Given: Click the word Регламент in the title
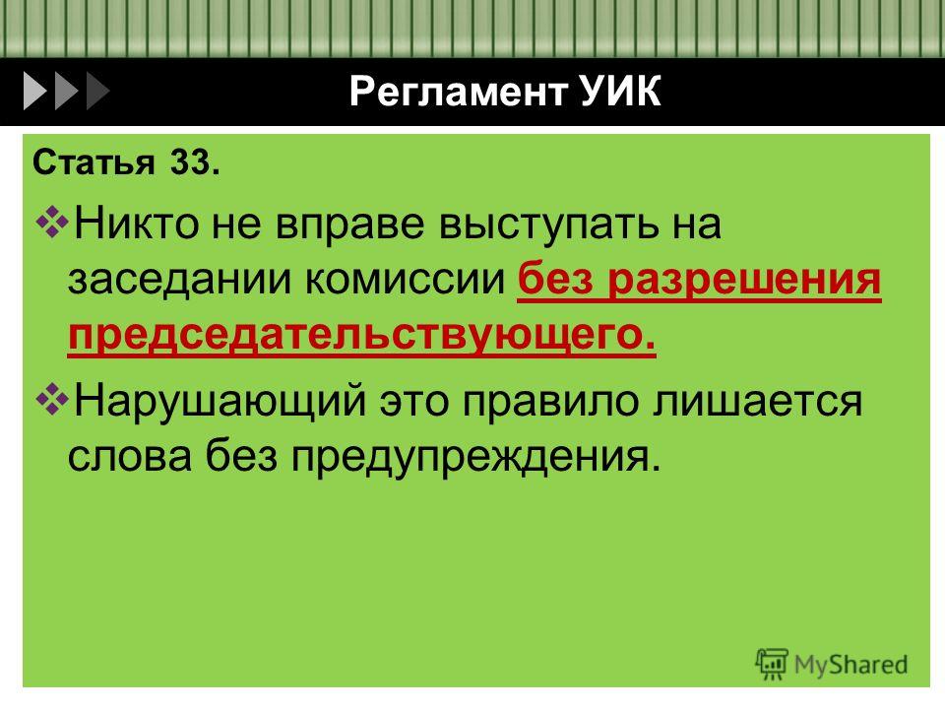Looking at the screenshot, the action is point(458,92).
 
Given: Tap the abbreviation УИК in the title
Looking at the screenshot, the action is point(621,91).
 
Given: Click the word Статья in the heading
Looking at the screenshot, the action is point(94,162).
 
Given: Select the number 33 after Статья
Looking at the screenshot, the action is point(195,162).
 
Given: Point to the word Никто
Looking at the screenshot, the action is point(136,224).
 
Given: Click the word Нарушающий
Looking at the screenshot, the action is point(220,402).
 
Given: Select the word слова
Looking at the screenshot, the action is point(130,456).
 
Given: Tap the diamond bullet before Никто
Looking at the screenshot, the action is point(52,222).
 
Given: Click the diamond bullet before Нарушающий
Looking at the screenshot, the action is point(52,400).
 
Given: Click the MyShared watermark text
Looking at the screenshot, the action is point(850,665).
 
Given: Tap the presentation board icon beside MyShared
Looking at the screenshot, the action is point(772,664).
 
